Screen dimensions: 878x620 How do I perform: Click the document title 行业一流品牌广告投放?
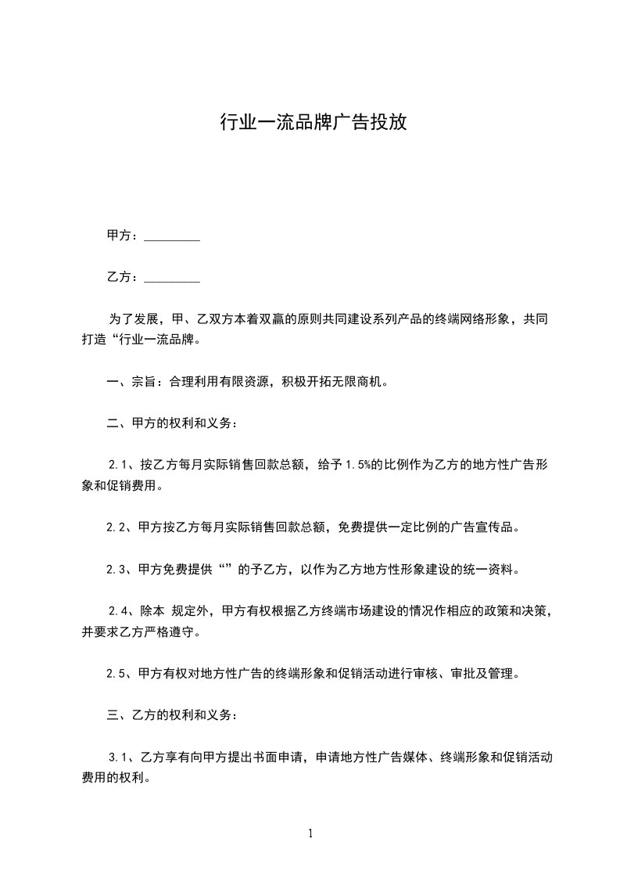(313, 123)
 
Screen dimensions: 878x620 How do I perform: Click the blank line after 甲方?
(172, 236)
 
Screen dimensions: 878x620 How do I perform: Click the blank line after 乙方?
(172, 278)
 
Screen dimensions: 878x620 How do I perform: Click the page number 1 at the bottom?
(310, 833)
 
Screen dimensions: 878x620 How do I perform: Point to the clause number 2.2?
(117, 527)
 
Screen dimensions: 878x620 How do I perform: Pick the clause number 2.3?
(117, 569)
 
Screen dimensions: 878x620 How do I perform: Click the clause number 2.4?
(120, 610)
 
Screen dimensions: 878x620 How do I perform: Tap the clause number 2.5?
(117, 673)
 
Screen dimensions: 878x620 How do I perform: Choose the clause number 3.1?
(119, 757)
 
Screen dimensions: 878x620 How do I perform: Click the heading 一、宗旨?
(130, 383)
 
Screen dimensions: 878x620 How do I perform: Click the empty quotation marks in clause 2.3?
(227, 569)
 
